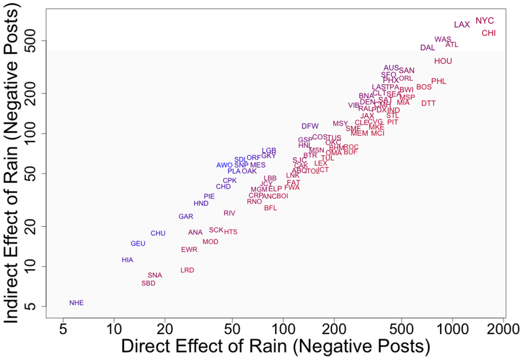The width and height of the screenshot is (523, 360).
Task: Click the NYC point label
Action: (485, 21)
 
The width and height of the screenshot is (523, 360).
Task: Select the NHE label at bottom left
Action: (76, 303)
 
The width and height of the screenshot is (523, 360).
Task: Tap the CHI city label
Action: (489, 33)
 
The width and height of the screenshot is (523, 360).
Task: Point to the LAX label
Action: (462, 25)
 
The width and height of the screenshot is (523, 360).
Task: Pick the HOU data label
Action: (443, 61)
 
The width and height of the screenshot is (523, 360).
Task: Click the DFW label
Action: (310, 126)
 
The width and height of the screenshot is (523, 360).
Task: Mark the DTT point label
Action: (429, 103)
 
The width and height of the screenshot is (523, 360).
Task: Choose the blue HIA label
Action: (127, 260)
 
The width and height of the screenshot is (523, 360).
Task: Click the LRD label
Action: (187, 270)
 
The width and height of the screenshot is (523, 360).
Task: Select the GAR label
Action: (186, 217)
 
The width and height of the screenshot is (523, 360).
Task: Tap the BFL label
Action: (271, 208)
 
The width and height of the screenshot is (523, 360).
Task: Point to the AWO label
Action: (224, 165)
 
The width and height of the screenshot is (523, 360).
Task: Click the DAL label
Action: (427, 47)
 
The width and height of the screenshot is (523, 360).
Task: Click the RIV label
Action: (229, 213)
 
